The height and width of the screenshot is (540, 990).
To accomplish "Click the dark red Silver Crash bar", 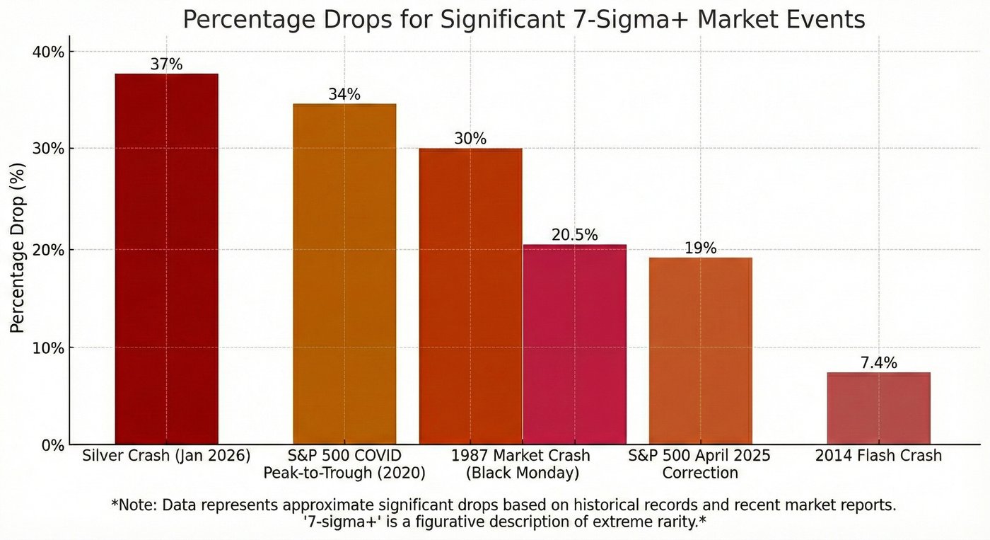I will click(166, 259).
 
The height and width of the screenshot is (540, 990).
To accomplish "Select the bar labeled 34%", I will click(344, 274).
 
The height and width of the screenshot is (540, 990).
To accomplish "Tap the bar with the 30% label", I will click(470, 296).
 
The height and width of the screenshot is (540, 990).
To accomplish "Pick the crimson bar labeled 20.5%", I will click(574, 345).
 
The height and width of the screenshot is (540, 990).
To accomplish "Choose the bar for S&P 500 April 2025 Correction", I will click(700, 351).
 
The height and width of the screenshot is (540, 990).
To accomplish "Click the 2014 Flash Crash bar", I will click(878, 408).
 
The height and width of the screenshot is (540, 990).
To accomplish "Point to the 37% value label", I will click(166, 64).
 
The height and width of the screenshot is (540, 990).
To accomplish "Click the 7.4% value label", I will click(878, 363).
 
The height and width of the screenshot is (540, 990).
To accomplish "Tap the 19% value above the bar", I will click(700, 248).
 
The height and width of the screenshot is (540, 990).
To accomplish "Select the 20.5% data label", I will click(574, 235).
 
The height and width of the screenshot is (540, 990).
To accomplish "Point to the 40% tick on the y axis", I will click(50, 52).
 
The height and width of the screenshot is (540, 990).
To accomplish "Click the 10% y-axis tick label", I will click(50, 348).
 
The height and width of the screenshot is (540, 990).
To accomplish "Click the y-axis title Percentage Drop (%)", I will click(18, 248).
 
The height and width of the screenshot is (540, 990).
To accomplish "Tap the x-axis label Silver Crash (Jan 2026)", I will click(166, 455).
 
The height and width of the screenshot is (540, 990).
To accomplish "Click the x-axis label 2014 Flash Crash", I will click(878, 455).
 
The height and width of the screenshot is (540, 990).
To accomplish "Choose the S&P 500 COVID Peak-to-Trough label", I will click(344, 464).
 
